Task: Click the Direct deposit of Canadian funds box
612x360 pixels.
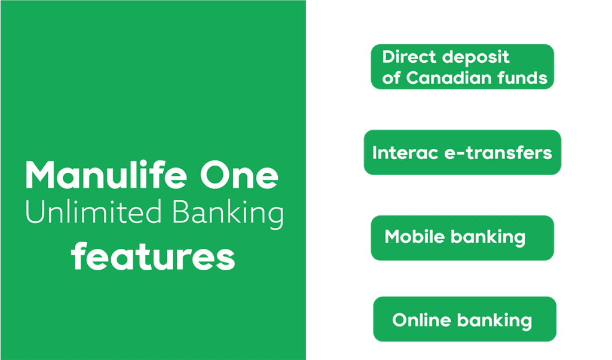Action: tap(462, 67)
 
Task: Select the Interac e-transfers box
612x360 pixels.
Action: tap(462, 152)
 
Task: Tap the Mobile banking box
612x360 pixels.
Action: tap(462, 237)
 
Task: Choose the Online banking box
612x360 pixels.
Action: tap(464, 319)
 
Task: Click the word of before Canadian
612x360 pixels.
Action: tap(391, 78)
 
